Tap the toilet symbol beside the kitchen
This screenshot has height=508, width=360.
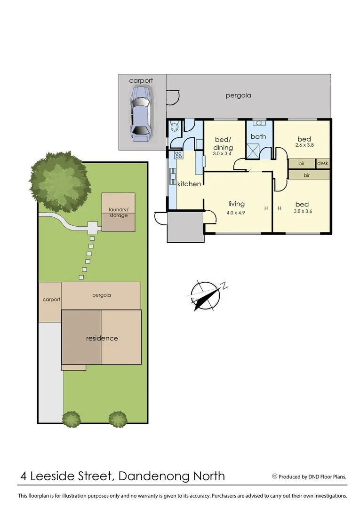[x=175, y=126]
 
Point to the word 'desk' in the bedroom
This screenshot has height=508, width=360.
[x=322, y=163]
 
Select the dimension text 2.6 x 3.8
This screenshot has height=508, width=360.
[x=304, y=145]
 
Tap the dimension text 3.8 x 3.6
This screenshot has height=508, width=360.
[x=302, y=211]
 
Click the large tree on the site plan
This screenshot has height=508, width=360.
[x=59, y=181]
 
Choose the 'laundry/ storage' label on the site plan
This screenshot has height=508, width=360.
[x=118, y=212]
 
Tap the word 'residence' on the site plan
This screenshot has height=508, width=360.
[x=102, y=338]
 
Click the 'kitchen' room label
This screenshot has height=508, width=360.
[x=189, y=183]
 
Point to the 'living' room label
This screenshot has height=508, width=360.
[x=236, y=204]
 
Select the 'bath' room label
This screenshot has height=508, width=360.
[x=258, y=136]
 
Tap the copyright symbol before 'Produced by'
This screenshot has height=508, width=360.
[x=274, y=476]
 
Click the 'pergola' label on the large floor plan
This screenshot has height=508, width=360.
[x=238, y=95]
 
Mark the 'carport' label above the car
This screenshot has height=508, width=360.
[x=141, y=80]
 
